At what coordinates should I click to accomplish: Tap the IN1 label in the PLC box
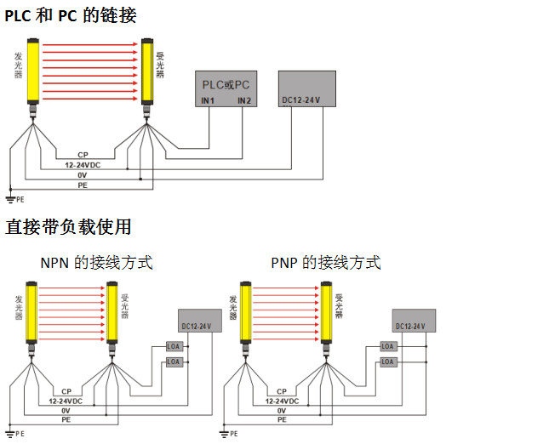207,101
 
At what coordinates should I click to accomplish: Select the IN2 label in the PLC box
244,101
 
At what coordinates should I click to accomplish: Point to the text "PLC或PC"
225,85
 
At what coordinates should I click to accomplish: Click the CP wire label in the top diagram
83,154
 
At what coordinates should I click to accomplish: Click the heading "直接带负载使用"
69,227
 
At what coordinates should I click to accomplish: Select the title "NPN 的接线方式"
96,263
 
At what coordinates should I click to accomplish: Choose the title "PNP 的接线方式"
326,263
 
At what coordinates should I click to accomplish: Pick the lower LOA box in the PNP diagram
388,361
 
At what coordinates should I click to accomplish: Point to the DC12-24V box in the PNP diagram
415,321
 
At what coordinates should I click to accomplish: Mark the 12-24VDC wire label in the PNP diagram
281,400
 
